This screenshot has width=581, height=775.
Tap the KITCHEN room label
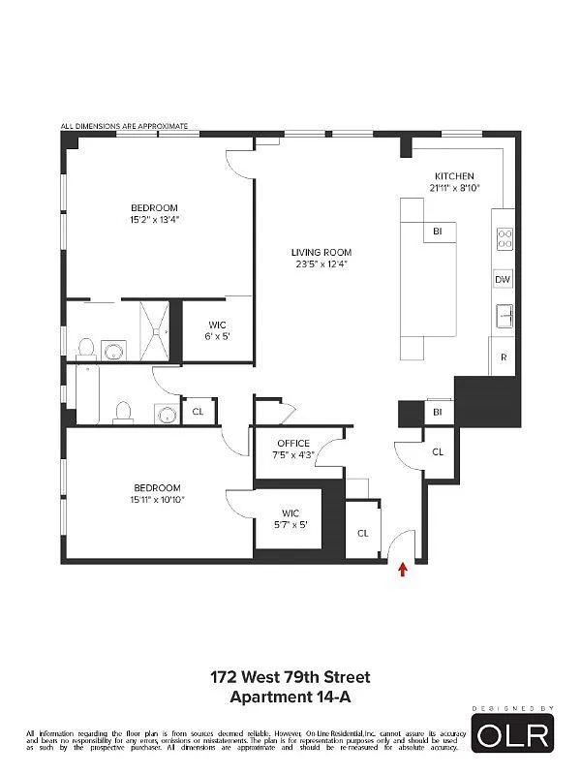click(454, 176)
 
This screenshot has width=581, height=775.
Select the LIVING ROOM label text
click(321, 252)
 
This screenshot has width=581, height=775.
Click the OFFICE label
click(293, 444)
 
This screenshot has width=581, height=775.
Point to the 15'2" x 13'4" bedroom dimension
click(155, 220)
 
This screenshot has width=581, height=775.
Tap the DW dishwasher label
click(502, 279)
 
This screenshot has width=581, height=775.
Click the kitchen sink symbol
click(504, 315)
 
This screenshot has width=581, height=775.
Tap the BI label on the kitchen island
click(438, 232)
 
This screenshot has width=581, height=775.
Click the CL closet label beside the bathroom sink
click(199, 412)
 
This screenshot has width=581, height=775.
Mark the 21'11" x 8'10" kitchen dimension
click(454, 188)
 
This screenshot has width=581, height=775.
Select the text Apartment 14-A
click(290, 696)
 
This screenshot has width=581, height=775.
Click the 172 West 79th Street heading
click(290, 677)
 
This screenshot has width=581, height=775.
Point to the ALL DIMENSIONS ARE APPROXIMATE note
click(124, 126)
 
